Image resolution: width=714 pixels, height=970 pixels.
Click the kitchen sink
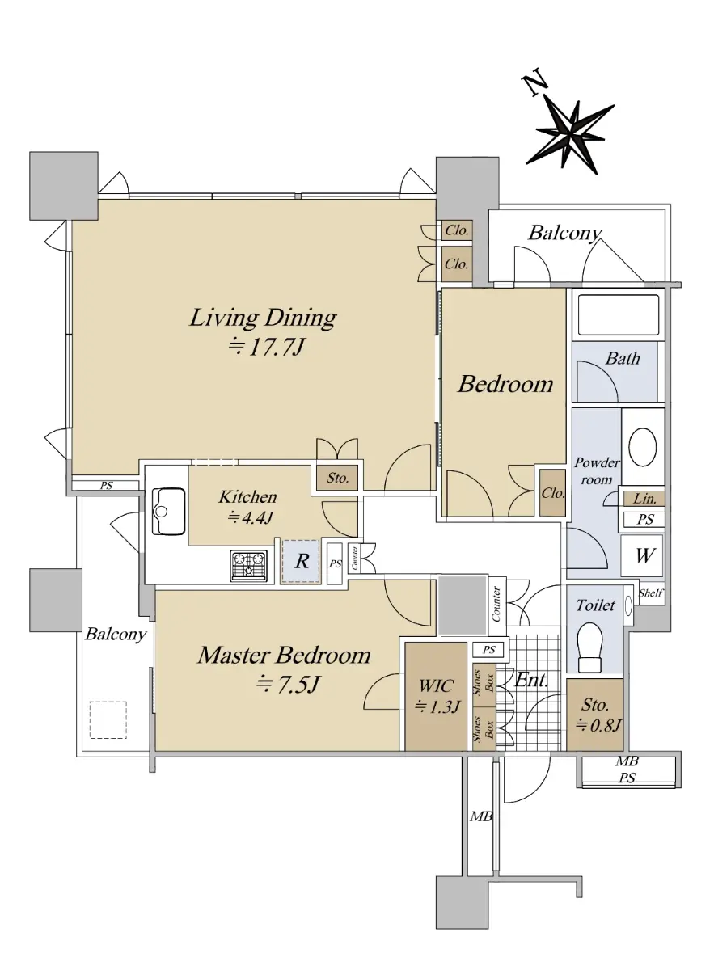pos(168,512)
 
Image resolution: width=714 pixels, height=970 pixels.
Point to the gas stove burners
pos(248,566)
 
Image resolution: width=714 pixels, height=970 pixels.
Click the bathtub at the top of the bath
pos(618,315)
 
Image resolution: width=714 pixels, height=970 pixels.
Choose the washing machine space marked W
pos(642,555)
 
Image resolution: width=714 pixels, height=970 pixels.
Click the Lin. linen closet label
pos(644,500)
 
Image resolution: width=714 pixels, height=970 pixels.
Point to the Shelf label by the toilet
pos(651,593)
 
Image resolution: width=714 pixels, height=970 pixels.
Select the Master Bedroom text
pos(284,656)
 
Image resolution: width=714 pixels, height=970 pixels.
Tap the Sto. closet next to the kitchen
pos(337,478)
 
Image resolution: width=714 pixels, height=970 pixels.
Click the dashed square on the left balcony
pos(108,719)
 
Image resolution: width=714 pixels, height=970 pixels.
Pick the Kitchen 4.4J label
pos(247,507)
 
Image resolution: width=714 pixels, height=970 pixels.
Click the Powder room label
pos(597,471)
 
